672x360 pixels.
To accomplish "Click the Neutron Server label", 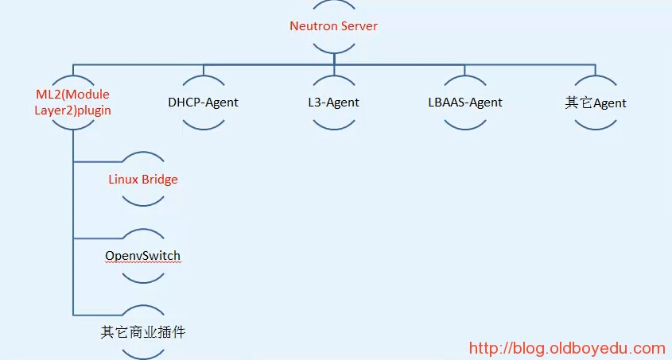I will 333,26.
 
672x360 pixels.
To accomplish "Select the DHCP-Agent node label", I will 204,103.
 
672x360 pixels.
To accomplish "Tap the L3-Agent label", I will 334,103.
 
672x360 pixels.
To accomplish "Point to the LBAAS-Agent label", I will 465,103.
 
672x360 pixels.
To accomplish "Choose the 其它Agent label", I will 596,103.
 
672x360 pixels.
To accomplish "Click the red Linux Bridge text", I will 143,180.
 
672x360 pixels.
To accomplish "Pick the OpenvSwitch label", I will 143,256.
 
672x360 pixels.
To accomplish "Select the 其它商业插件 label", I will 143,331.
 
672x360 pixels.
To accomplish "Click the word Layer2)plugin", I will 72,111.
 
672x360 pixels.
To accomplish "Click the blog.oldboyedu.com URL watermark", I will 567,348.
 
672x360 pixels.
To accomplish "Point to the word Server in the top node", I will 359,26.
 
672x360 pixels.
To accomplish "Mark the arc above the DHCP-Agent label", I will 204,79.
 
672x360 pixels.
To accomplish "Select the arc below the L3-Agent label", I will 334,126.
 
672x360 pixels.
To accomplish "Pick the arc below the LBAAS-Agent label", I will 465,126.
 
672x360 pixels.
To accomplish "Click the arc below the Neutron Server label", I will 334,49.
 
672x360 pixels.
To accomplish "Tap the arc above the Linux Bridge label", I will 143,156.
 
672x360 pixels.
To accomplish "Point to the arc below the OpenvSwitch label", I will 143,279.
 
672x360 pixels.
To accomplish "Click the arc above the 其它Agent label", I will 596,79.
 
